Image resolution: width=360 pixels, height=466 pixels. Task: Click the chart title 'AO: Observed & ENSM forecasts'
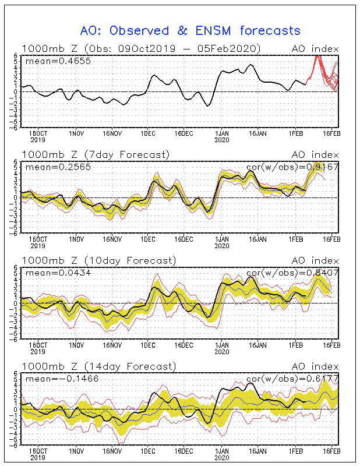pos(190,30)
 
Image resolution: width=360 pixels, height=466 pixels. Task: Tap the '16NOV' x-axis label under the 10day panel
pos(113,345)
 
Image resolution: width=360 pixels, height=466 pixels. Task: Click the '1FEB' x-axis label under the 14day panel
pos(295,451)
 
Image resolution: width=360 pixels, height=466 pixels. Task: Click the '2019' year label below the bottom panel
pos(37,458)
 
